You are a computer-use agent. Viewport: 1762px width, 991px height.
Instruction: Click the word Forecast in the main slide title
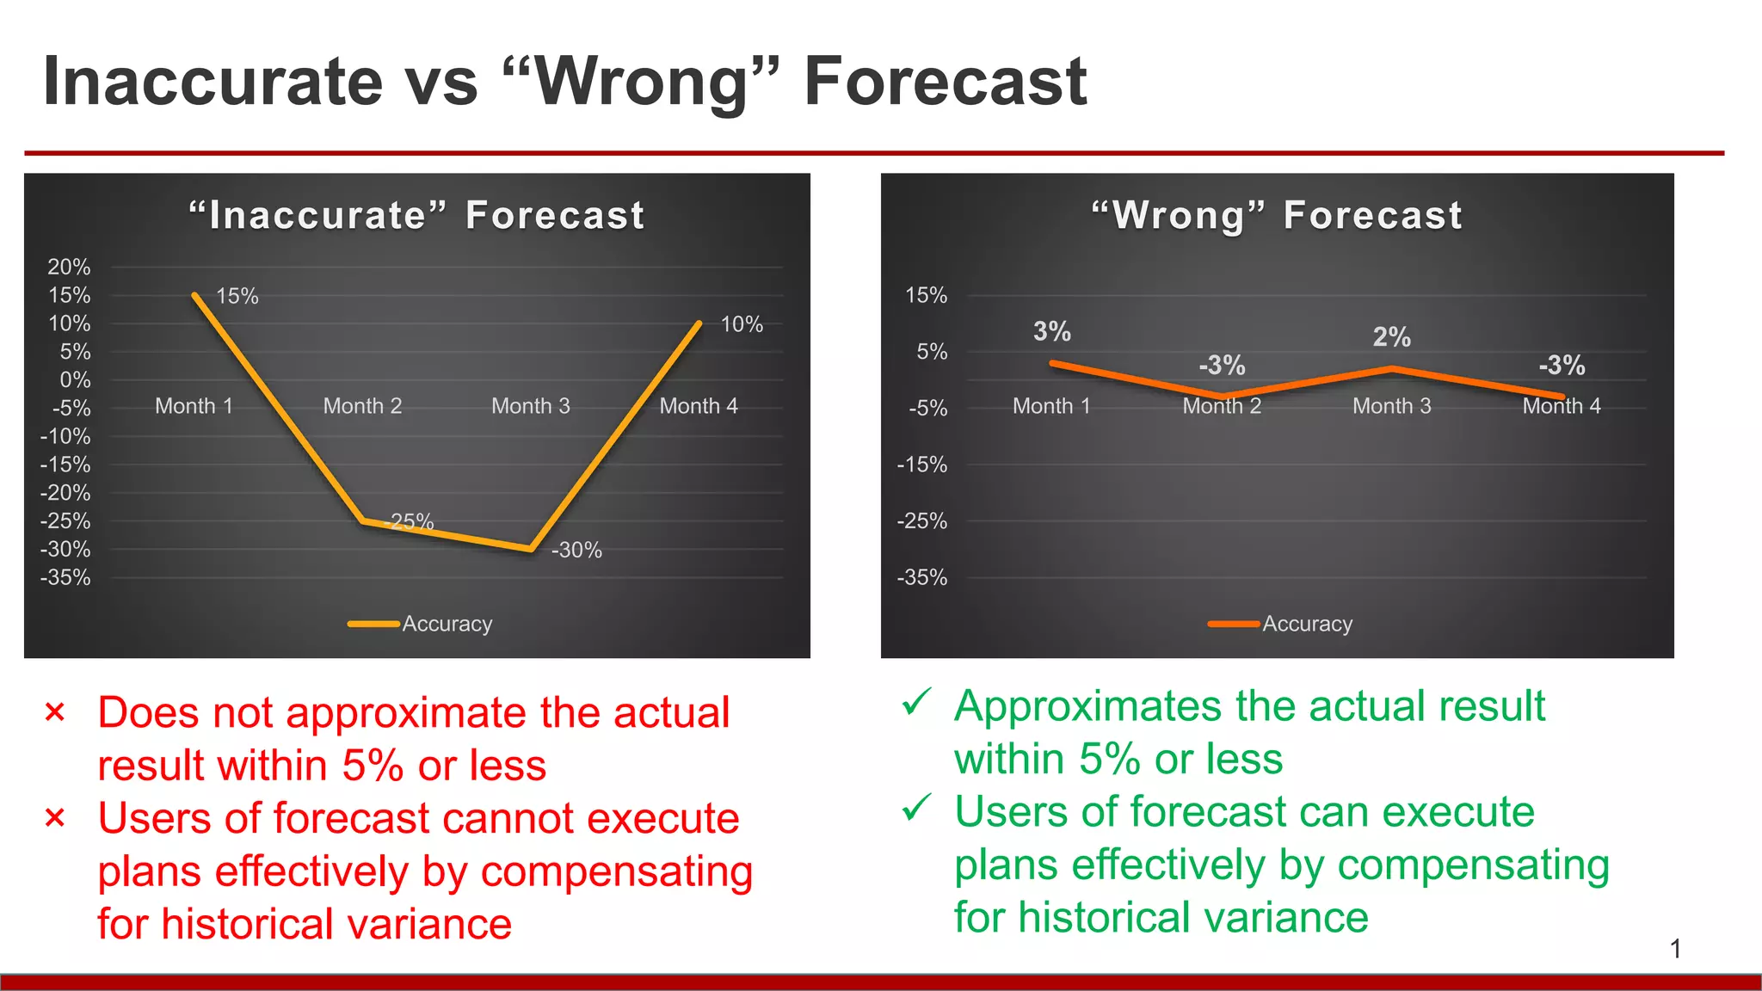(945, 82)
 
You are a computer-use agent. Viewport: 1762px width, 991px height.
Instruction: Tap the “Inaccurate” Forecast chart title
(417, 215)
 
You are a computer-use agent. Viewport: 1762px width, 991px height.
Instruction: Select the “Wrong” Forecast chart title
(1277, 215)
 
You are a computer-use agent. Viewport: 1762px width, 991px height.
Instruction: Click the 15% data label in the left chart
(237, 296)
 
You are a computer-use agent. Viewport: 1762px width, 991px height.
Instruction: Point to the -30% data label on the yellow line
(576, 551)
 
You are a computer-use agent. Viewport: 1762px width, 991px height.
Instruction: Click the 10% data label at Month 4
(742, 324)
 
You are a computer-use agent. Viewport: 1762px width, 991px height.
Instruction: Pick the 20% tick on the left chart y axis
(69, 267)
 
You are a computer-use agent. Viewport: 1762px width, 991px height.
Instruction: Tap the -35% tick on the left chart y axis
(65, 577)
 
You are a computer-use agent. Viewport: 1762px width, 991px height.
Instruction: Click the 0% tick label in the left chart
(75, 379)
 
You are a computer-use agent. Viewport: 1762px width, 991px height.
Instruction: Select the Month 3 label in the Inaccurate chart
(530, 406)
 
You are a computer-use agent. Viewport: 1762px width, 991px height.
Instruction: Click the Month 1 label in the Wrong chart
(1051, 406)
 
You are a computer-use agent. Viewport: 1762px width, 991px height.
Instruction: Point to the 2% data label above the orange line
(1391, 337)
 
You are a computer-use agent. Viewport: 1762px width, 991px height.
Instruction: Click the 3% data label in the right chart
(1051, 331)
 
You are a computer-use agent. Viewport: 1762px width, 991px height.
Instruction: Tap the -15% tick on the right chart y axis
(922, 465)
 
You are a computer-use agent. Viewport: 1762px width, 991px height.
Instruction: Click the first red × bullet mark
(55, 712)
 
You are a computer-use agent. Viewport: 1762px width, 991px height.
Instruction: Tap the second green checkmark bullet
(916, 809)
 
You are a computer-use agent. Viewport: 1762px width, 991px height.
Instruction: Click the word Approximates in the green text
(1089, 706)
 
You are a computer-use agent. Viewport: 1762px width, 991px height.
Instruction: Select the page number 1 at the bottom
(1675, 949)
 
